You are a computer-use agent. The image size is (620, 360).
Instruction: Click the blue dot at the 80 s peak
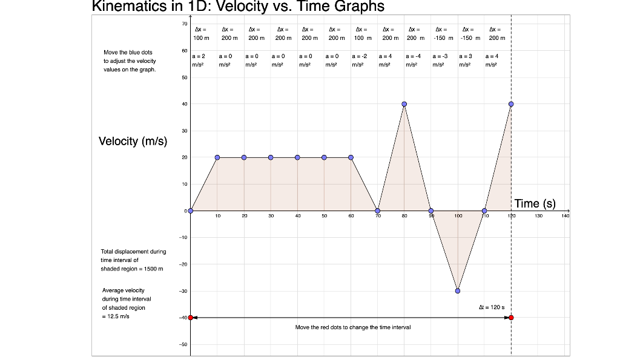coord(404,104)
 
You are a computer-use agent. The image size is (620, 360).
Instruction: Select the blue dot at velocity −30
coord(458,290)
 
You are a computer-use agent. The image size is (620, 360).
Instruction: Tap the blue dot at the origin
coord(191,211)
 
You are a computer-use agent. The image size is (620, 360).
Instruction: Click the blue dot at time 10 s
coord(217,157)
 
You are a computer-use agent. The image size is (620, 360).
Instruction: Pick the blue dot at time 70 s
coord(378,211)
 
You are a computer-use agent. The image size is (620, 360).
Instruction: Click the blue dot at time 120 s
coord(511,104)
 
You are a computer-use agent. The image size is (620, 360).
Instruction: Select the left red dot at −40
coord(191,317)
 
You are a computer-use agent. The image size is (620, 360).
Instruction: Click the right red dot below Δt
coord(511,317)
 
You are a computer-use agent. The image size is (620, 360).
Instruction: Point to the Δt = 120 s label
coord(491,307)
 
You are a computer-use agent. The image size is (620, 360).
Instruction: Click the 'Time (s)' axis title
coord(535,203)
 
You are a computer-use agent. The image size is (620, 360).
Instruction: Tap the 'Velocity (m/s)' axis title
coord(133,142)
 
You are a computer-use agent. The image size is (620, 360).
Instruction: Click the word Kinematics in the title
coord(130,7)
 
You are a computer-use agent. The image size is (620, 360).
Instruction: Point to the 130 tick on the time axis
coord(538,215)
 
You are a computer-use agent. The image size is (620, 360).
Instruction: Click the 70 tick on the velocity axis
coord(184,24)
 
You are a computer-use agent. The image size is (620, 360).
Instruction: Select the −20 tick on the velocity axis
coord(183,264)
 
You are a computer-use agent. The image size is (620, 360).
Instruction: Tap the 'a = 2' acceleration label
coord(199,56)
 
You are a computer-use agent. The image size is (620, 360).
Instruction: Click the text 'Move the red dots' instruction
coord(352,327)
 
